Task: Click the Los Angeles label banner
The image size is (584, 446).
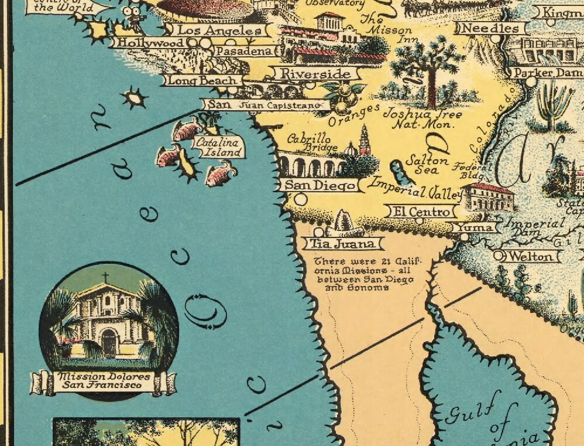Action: [219, 30]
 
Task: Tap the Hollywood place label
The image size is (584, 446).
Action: [150, 43]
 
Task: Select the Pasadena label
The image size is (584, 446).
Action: [244, 52]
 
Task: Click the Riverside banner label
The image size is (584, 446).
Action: [315, 74]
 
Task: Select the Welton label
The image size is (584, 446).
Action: [530, 256]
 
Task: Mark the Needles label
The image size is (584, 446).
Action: [490, 28]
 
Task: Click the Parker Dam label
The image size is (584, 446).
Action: [540, 73]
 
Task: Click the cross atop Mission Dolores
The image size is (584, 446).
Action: [105, 278]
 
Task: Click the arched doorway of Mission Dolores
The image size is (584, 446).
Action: [108, 342]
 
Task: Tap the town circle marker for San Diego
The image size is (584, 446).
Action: [301, 199]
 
